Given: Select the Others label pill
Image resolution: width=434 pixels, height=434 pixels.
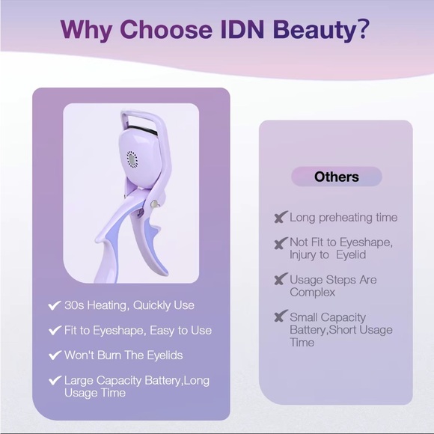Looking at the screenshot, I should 337,177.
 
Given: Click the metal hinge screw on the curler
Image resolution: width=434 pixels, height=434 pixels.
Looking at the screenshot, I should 154,204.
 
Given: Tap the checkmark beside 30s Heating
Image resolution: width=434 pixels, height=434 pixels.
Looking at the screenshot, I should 54,305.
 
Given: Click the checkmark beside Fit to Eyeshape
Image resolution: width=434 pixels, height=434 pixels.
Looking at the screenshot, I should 54,330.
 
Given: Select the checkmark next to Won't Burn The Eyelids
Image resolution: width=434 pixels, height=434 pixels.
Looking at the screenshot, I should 54,355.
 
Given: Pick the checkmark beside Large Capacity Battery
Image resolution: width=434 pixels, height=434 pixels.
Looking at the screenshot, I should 54,381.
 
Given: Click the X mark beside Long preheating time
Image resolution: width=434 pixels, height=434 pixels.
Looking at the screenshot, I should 280,218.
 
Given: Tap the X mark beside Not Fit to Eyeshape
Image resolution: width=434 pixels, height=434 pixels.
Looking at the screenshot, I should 280,243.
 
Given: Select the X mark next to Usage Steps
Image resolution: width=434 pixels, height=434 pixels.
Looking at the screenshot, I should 280,280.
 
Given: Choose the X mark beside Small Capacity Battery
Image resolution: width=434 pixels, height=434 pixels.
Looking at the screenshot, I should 280,317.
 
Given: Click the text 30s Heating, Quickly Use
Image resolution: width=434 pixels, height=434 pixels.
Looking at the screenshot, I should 129,305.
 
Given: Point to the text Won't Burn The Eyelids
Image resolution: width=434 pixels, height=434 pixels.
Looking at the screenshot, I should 123,355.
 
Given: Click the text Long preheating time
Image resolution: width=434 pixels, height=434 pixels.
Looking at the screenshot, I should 343,218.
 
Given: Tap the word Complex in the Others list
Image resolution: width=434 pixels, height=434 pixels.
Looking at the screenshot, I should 312,292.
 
